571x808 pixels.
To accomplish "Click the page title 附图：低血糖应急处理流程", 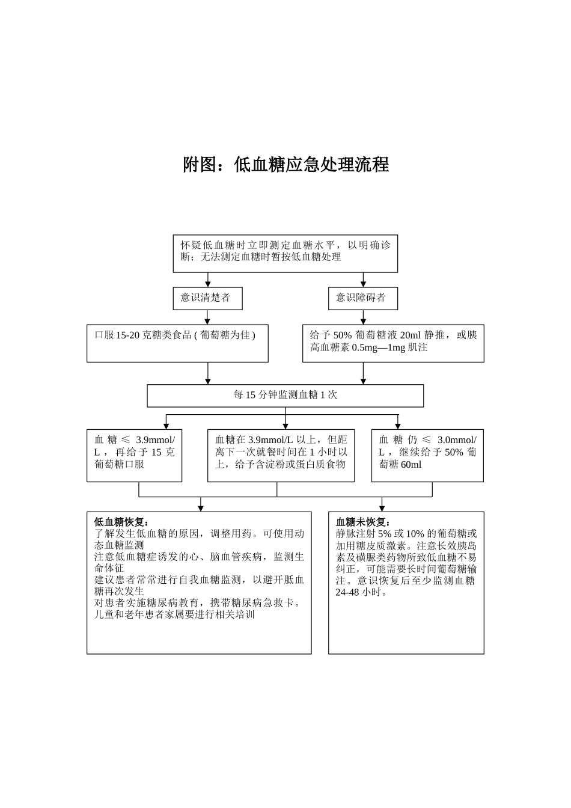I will [x=285, y=165].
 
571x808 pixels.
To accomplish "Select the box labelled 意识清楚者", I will [x=207, y=298].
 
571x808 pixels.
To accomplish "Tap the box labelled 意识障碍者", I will [x=362, y=298].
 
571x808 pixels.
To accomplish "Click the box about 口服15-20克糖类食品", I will [x=177, y=343].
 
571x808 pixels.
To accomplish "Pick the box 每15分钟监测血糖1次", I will [x=285, y=396].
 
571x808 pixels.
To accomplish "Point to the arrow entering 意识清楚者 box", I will [x=208, y=281].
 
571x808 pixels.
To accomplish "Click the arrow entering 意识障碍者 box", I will [x=363, y=281].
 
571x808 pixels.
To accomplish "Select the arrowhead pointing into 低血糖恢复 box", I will [x=201, y=507].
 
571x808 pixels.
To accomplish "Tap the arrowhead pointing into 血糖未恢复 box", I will [x=382, y=507].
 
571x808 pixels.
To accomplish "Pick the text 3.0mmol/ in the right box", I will [x=457, y=440].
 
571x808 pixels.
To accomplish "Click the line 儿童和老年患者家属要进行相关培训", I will [x=174, y=615].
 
